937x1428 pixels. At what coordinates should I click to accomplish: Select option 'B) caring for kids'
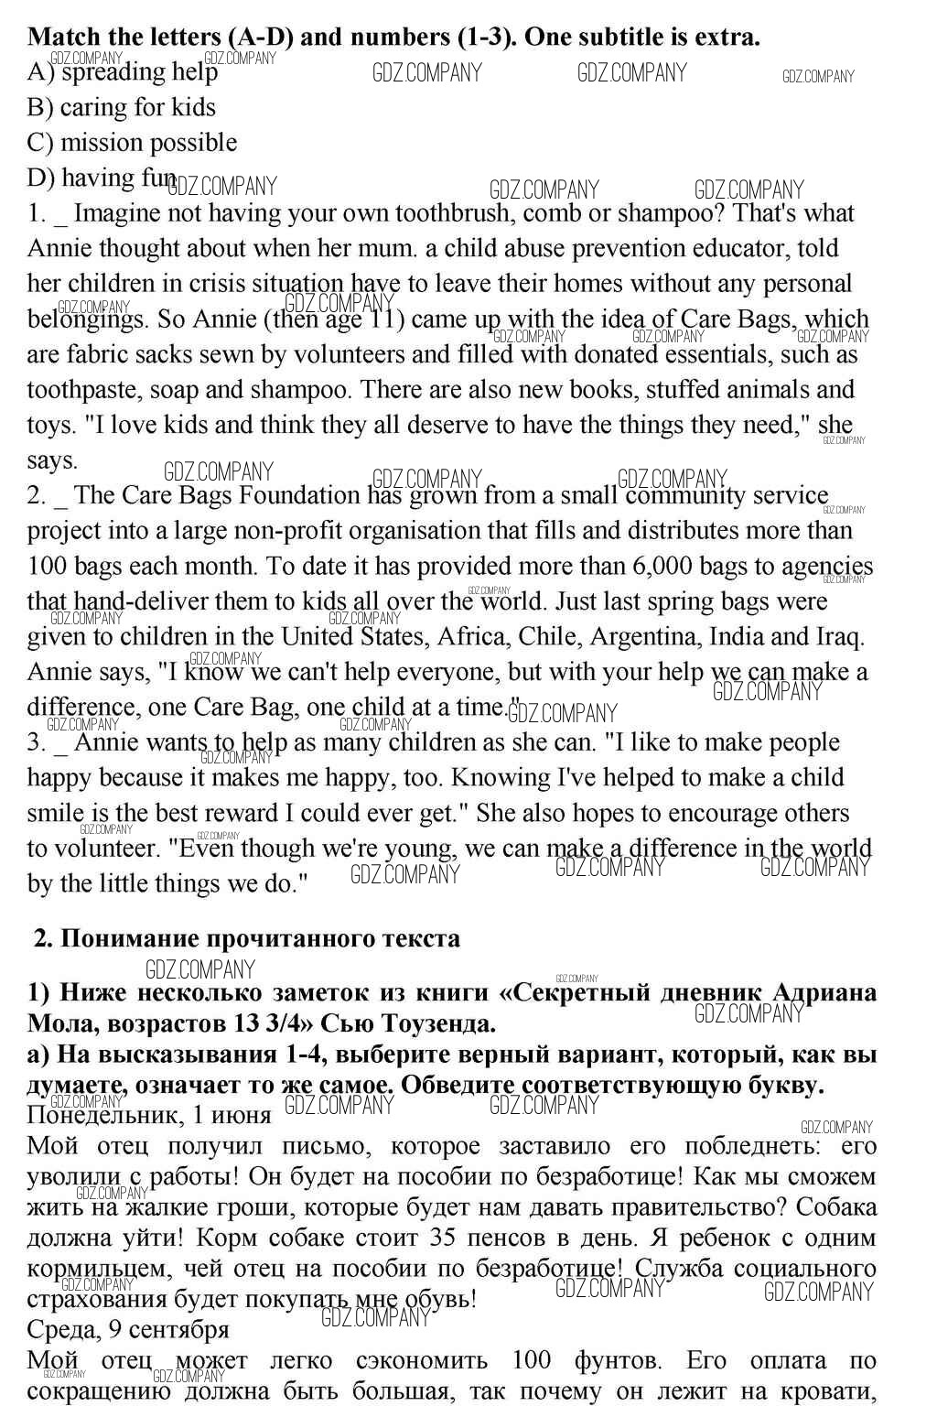[122, 107]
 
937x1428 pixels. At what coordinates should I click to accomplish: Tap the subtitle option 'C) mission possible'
[132, 143]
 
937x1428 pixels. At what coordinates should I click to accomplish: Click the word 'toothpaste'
[83, 390]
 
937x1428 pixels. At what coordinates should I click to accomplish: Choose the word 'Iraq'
[836, 636]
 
